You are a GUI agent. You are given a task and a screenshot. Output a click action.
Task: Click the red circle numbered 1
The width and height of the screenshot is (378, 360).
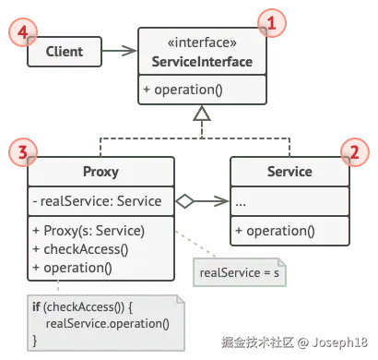(x=272, y=23)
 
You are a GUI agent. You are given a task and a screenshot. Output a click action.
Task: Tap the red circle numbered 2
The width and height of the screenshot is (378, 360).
(x=355, y=152)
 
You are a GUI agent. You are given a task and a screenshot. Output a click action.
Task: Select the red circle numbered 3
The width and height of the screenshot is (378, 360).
(x=23, y=152)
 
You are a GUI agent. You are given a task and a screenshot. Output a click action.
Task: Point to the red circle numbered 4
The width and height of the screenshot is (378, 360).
(x=23, y=32)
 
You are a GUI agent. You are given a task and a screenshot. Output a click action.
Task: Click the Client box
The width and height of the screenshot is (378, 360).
(x=65, y=52)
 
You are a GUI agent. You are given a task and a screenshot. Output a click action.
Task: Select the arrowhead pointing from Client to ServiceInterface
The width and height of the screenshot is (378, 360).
(x=129, y=51)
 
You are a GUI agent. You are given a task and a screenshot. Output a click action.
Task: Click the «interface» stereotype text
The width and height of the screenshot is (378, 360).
(x=202, y=42)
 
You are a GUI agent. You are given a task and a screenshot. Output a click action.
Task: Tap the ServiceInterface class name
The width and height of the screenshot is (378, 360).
(x=202, y=62)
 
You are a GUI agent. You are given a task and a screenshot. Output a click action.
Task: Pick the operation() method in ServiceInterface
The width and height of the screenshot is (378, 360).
(x=183, y=90)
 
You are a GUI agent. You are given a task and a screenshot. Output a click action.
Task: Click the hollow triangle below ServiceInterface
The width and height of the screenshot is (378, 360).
(x=202, y=114)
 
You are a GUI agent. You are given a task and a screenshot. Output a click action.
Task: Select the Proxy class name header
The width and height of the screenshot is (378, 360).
(x=100, y=172)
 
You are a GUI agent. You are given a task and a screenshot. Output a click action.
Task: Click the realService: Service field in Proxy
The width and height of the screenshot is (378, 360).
(x=97, y=201)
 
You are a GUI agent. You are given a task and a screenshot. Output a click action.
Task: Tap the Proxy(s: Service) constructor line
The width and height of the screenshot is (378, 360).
(x=89, y=231)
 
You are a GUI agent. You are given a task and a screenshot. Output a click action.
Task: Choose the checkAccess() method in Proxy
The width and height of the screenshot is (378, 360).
(x=80, y=249)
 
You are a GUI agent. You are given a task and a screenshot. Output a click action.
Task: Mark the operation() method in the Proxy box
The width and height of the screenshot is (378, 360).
(x=72, y=268)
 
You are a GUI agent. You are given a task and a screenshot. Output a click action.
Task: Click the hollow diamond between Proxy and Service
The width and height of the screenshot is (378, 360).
(x=184, y=201)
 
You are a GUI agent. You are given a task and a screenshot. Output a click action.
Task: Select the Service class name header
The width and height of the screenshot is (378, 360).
(x=289, y=172)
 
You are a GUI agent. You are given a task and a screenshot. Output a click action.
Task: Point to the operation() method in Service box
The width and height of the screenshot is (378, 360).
(x=275, y=231)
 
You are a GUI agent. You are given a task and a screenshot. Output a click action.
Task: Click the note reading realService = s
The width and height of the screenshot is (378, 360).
(x=240, y=272)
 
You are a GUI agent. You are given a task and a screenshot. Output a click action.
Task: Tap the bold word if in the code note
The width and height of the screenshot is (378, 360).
(x=36, y=306)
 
